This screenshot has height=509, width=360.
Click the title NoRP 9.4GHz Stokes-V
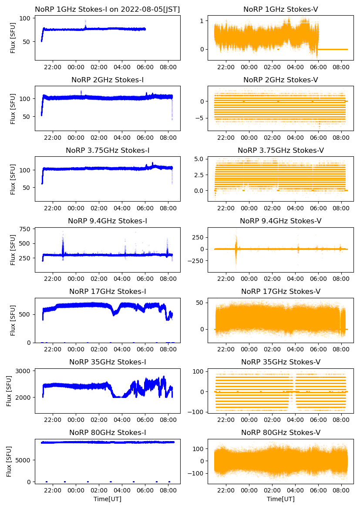pos(281,221)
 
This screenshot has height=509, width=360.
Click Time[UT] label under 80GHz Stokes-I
pos(108,499)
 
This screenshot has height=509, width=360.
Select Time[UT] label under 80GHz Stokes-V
pos(281,499)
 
